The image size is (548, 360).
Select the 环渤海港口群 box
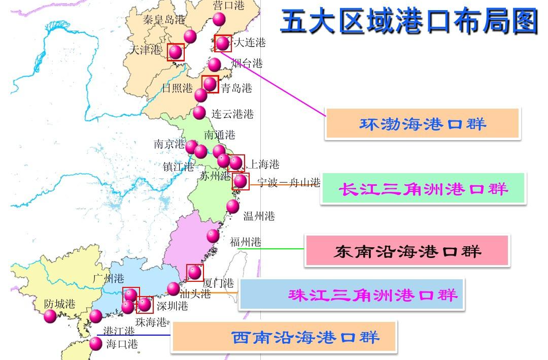tap(422, 123)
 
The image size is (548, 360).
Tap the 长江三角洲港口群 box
tap(423, 189)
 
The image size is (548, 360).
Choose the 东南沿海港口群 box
tap(407, 251)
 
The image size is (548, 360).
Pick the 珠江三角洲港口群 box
tap(351, 294)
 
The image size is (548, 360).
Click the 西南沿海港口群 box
tap(284, 337)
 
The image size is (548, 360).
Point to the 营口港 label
tap(228, 6)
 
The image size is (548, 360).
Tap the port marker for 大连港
tap(222, 44)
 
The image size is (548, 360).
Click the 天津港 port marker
tap(176, 52)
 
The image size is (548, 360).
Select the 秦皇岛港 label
tap(164, 20)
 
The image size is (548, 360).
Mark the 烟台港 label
tap(247, 63)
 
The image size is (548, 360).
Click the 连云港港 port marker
tap(199, 112)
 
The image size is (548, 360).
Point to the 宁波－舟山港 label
tap(289, 183)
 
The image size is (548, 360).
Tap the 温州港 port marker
tap(232, 206)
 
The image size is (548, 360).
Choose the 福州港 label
tap(246, 242)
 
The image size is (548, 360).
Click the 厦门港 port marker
tap(195, 273)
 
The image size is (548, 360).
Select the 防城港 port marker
tap(50, 316)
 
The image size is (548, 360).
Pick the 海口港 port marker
tap(95, 344)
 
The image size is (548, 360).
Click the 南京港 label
tap(169, 144)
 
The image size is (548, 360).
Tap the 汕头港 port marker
tap(174, 288)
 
